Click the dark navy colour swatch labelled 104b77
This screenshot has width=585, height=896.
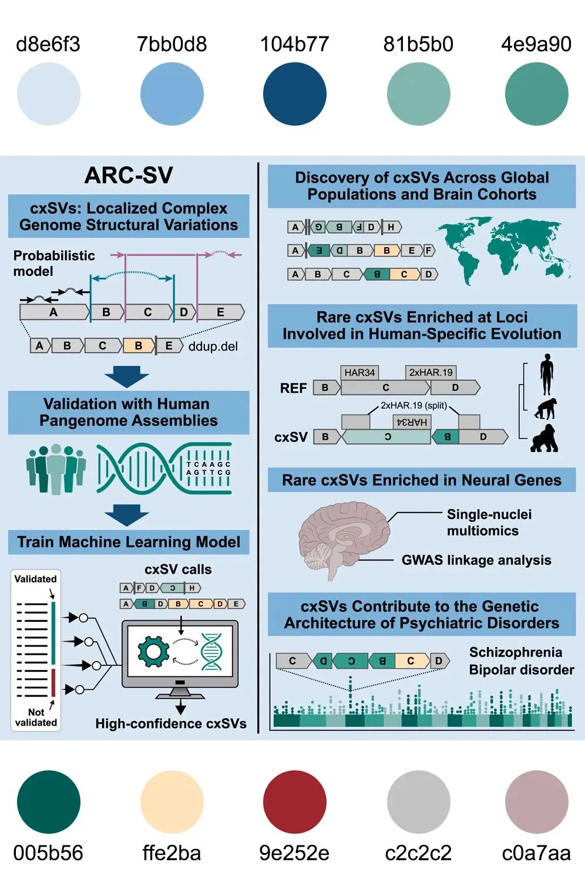[294, 94]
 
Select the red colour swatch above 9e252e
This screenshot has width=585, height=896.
[294, 801]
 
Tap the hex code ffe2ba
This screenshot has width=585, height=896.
[172, 853]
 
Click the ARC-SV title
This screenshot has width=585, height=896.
[129, 175]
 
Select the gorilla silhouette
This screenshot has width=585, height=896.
[544, 438]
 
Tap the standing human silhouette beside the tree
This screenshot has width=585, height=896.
[547, 374]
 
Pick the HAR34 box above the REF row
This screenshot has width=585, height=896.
[359, 372]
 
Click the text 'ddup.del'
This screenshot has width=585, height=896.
[213, 346]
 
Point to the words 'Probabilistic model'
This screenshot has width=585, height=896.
[53, 263]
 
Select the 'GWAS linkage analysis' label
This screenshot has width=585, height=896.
[476, 560]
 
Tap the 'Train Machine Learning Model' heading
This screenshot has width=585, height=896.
[129, 542]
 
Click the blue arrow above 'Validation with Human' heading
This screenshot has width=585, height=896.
[127, 376]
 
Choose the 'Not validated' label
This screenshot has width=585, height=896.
[36, 717]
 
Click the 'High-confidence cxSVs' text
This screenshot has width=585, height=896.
[171, 723]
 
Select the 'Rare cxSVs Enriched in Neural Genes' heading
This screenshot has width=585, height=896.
[421, 480]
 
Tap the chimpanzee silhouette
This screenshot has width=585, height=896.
[546, 409]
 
